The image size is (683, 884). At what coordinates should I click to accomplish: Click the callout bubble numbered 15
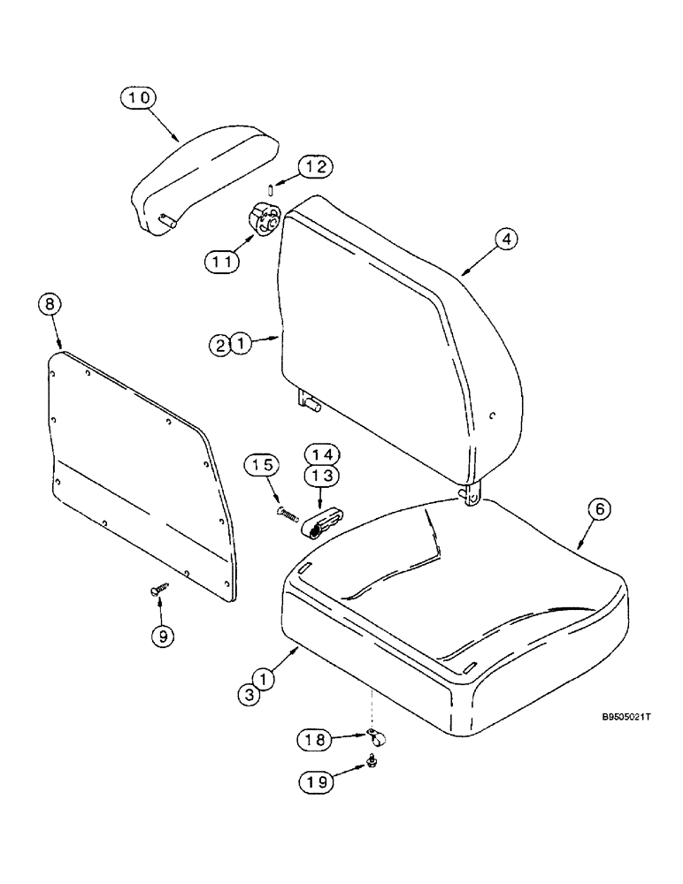point(266,465)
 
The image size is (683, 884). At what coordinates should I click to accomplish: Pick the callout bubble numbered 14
point(322,454)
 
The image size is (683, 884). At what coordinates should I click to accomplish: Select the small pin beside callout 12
point(271,187)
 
